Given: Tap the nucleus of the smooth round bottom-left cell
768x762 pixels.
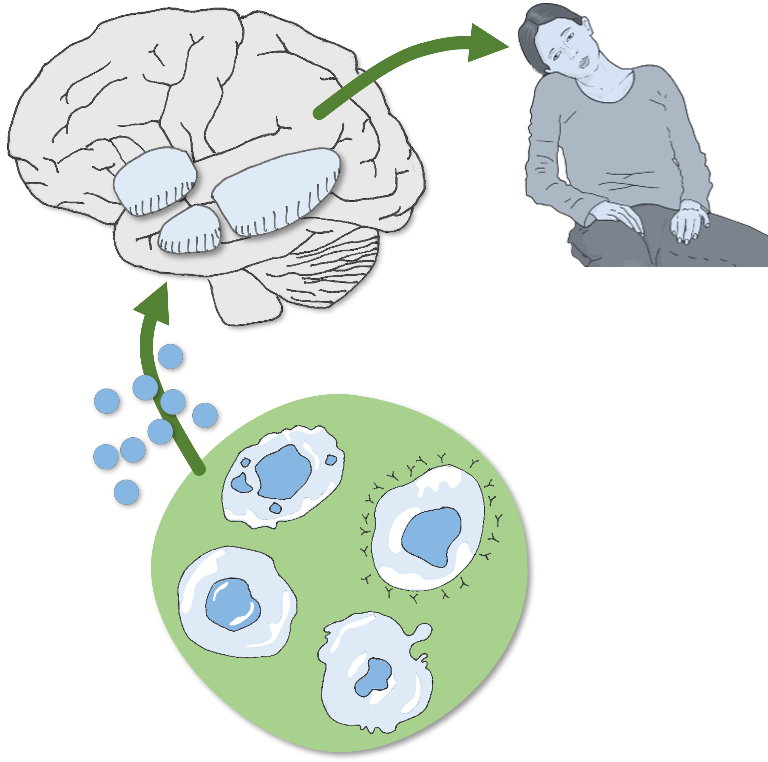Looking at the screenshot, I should pos(233,604).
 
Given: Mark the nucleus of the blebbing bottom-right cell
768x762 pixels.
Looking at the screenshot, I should pos(374,677).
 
